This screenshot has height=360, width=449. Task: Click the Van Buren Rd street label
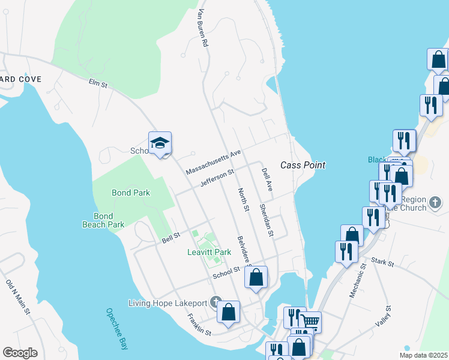click(x=200, y=28)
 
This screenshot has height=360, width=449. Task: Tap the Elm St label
click(x=97, y=84)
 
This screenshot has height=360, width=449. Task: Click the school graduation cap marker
click(x=160, y=143)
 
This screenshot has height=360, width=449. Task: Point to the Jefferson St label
click(x=217, y=178)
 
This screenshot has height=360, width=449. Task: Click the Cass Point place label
click(x=303, y=165)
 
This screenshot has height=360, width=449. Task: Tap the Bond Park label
click(x=131, y=193)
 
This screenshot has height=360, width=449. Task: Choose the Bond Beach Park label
click(x=103, y=220)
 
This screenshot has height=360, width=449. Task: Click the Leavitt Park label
click(x=207, y=253)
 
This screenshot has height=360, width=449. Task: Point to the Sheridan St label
click(x=267, y=220)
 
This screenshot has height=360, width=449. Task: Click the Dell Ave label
click(x=267, y=179)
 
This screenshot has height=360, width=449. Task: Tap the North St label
click(x=243, y=200)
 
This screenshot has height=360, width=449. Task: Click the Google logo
click(x=20, y=353)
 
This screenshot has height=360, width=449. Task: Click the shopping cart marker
click(x=310, y=322)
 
